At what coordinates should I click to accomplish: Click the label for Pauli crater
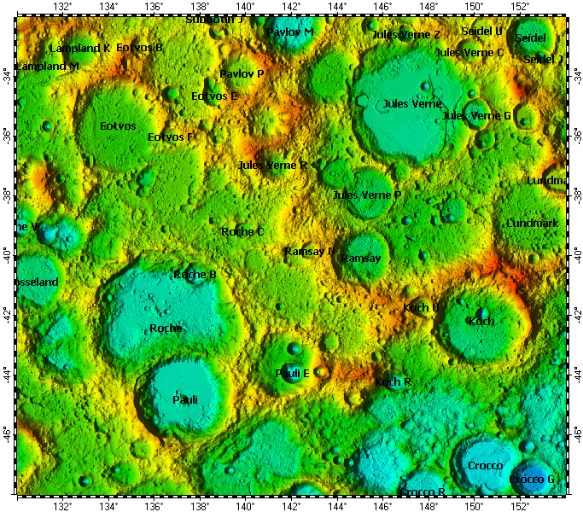pos(185,399)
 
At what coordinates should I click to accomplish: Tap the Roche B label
pos(195,274)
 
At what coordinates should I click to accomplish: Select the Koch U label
pos(421,307)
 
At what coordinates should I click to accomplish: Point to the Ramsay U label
pos(310,252)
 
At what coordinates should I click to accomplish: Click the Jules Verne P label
pos(367,195)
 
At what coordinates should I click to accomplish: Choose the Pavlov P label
pos(242,74)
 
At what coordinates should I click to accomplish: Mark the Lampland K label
pos(80,49)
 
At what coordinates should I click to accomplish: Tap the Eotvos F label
pos(171,137)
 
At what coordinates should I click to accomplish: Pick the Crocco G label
pos(532,480)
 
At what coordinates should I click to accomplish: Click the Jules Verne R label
pos(272,165)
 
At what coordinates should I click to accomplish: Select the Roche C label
pos(242,231)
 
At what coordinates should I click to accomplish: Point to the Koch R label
pos(394,382)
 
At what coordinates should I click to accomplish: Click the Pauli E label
pos(292,373)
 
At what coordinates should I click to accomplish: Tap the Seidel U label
pos(481,32)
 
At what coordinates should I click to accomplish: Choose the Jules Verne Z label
pos(407,35)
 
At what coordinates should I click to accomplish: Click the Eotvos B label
pos(139,48)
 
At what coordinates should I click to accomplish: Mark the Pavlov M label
pos(290,32)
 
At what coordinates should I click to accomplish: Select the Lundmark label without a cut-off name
pos(532,223)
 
